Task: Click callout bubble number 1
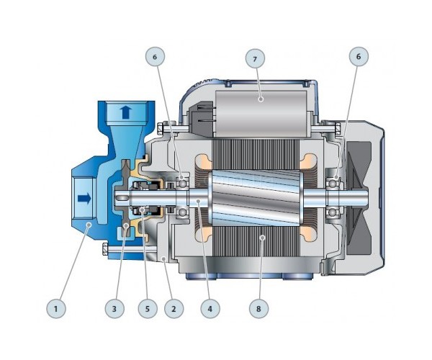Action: tap(56, 308)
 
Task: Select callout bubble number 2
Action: tap(174, 308)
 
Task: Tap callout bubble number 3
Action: tap(114, 308)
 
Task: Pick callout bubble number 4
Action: tap(210, 308)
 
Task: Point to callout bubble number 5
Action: tap(148, 308)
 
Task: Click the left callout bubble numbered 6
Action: tap(155, 57)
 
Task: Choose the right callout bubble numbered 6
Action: tap(359, 57)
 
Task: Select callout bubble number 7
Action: tap(255, 58)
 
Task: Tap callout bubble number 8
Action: tap(258, 308)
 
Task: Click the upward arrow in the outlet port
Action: tap(125, 112)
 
